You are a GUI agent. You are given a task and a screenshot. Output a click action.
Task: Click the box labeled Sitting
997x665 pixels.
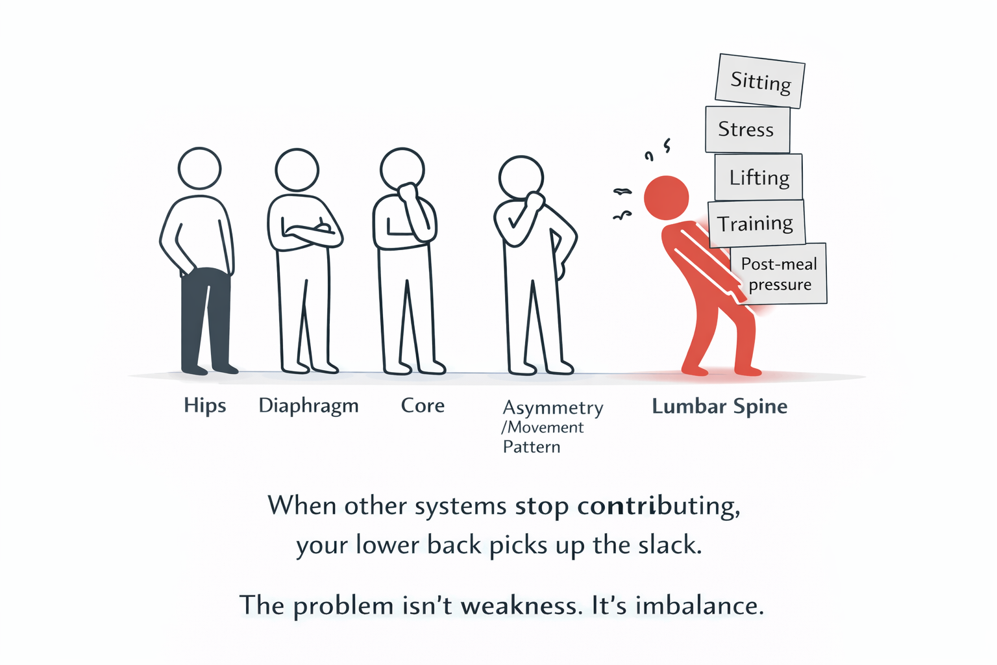click(x=760, y=81)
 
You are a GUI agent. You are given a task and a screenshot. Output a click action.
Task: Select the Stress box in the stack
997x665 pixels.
click(x=747, y=130)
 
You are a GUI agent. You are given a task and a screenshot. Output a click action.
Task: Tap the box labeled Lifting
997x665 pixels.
click(x=758, y=177)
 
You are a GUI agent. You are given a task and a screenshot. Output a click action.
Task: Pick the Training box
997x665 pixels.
click(x=756, y=224)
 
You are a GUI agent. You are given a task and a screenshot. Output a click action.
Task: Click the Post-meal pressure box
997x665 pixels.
click(x=779, y=273)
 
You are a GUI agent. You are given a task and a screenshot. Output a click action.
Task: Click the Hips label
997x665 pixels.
click(x=204, y=406)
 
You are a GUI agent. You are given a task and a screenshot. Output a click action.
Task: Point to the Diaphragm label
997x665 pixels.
click(x=308, y=406)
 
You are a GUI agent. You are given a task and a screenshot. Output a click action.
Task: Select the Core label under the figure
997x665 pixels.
click(x=423, y=406)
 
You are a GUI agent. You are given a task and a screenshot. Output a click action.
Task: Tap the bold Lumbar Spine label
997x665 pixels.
click(x=719, y=407)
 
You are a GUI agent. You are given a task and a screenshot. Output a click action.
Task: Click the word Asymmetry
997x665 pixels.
click(x=553, y=408)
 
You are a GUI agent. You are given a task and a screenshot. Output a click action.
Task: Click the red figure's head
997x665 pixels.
click(x=666, y=197)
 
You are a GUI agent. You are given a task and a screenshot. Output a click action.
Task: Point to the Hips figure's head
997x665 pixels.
click(x=199, y=168)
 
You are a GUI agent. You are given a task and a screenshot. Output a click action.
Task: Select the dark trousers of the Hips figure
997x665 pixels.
click(x=205, y=318)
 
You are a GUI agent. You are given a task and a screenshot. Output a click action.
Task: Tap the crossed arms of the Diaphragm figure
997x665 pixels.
click(x=305, y=232)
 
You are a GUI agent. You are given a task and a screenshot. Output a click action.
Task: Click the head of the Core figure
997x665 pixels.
click(x=402, y=168)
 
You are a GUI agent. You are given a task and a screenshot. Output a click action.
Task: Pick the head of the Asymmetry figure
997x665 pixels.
click(x=521, y=177)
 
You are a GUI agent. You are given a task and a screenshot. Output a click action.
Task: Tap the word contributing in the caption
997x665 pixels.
click(x=658, y=506)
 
